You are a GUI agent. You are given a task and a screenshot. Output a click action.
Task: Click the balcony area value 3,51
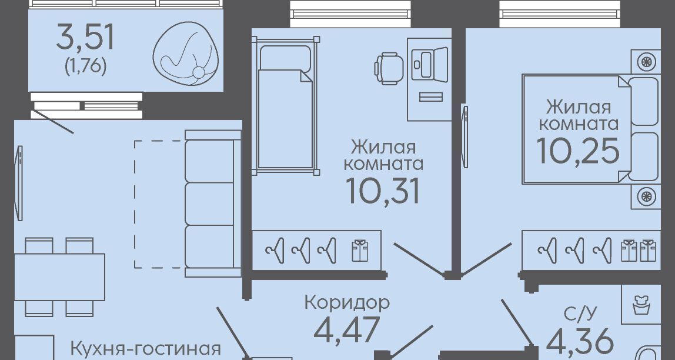click(x=85, y=38)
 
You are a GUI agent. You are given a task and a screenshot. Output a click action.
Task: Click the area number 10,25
click(x=578, y=151)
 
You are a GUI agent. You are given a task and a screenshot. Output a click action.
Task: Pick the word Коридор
click(x=347, y=302)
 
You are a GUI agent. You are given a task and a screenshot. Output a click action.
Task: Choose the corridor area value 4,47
click(x=347, y=329)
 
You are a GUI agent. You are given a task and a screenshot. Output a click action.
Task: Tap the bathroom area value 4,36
click(x=580, y=342)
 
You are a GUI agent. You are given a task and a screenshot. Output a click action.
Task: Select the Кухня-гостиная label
click(x=145, y=348)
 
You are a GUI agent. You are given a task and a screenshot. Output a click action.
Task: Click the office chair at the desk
click(x=389, y=68)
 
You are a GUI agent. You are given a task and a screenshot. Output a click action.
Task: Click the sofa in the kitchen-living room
click(x=213, y=204)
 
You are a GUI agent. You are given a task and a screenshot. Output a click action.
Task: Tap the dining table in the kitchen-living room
click(x=60, y=277)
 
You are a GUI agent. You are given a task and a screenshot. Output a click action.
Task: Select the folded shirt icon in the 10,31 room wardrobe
click(x=360, y=251)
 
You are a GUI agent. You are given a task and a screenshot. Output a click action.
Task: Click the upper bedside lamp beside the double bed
click(x=646, y=62)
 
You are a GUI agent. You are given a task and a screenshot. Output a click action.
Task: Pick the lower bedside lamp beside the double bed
click(x=646, y=196)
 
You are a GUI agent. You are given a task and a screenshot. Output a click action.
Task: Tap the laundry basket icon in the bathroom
click(x=641, y=305)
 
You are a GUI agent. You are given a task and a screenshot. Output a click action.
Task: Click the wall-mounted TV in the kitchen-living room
click(x=18, y=184)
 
